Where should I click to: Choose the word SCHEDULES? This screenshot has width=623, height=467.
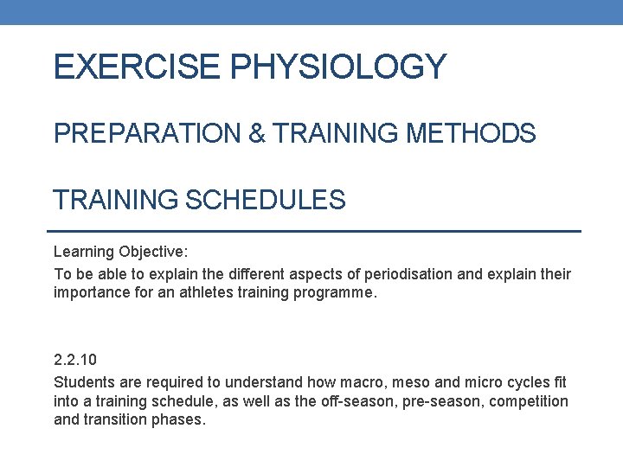(x=263, y=201)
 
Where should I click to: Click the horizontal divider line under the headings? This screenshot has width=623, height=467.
(x=311, y=231)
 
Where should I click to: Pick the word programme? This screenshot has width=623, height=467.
(x=334, y=292)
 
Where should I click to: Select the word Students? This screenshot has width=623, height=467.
(x=82, y=382)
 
